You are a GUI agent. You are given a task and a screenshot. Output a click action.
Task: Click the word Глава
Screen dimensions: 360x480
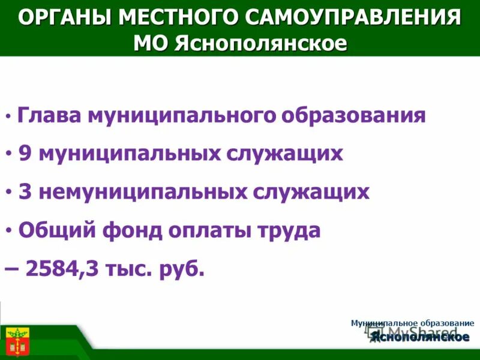coord(50,115)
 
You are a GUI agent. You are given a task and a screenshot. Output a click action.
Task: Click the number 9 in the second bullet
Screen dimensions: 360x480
coord(25,154)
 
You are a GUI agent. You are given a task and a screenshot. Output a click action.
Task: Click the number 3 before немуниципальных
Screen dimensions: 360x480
coord(25,192)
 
